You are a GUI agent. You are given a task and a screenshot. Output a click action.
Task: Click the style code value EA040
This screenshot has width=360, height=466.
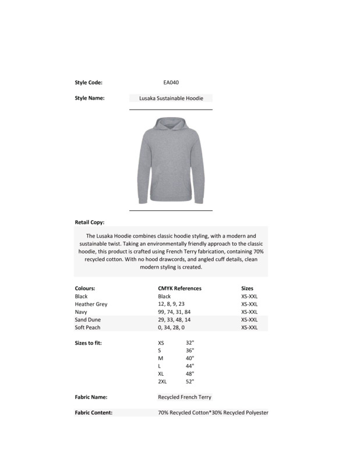click(x=171, y=83)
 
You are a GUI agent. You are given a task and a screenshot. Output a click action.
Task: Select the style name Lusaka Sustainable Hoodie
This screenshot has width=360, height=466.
click(x=171, y=98)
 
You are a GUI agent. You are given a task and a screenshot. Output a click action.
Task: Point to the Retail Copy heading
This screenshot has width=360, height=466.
click(x=90, y=223)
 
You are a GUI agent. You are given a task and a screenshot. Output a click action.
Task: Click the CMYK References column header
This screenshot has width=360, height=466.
click(x=179, y=288)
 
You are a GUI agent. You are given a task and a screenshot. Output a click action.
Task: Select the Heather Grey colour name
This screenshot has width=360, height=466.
click(x=91, y=304)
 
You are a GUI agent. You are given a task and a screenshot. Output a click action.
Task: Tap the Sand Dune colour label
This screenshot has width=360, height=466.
click(x=89, y=320)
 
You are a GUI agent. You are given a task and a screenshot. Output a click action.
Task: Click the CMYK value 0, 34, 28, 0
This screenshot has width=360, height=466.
click(x=173, y=328)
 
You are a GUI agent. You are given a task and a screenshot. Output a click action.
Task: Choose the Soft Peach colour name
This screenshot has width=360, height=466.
click(x=87, y=328)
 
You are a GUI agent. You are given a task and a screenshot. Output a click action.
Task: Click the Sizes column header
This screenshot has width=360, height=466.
click(x=247, y=288)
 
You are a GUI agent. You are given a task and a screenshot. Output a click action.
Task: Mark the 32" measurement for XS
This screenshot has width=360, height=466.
click(x=189, y=343)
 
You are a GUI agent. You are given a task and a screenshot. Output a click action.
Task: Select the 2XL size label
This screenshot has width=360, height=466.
click(x=163, y=381)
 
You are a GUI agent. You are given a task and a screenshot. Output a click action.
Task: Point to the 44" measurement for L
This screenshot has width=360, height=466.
click(x=189, y=366)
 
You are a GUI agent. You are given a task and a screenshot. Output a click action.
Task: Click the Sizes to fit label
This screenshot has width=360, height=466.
click(x=89, y=343)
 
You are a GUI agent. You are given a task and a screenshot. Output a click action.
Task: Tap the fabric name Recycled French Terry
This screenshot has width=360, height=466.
click(x=185, y=397)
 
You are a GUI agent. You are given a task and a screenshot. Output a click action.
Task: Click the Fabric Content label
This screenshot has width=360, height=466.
click(x=93, y=413)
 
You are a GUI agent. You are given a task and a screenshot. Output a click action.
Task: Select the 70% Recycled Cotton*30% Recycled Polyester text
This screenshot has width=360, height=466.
click(x=213, y=413)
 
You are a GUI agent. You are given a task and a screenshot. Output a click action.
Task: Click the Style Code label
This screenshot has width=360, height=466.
click(x=89, y=83)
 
